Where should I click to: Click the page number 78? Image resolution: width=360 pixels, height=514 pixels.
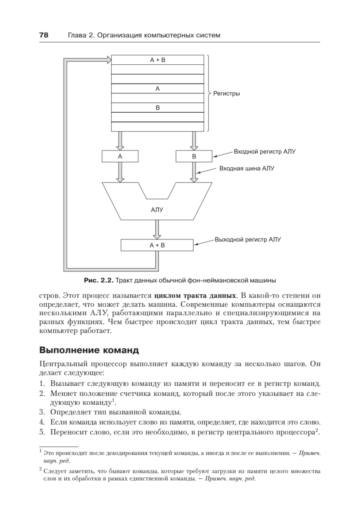click(x=44, y=35)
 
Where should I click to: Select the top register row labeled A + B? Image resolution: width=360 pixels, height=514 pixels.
click(x=157, y=60)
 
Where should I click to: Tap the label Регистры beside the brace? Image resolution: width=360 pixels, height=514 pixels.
click(x=226, y=93)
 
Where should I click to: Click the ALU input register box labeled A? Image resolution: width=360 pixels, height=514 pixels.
click(x=120, y=157)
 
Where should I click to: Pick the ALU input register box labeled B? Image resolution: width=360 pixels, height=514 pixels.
click(x=194, y=157)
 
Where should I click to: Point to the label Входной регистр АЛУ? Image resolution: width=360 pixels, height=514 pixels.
click(x=265, y=152)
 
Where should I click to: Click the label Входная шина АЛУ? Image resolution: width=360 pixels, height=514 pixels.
click(x=247, y=169)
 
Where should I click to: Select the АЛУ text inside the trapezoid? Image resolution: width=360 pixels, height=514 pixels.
click(x=157, y=210)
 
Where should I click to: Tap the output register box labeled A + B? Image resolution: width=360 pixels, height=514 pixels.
click(x=157, y=245)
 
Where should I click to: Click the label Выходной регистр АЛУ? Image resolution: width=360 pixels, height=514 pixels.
click(x=248, y=240)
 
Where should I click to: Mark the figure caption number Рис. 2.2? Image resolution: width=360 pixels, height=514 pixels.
click(x=98, y=281)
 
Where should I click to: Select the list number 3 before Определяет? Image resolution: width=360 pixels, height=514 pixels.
click(x=42, y=412)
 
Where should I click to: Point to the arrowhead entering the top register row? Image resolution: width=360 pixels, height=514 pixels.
click(x=107, y=60)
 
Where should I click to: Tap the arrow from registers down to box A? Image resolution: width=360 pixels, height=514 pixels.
click(x=120, y=140)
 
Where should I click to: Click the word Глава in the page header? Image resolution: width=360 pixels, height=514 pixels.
click(x=78, y=35)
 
